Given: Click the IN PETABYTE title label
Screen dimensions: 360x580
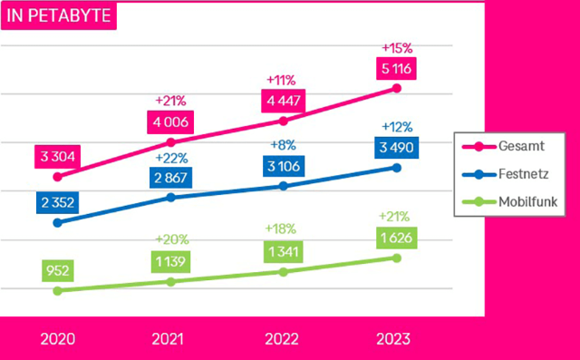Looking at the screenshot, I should click(60, 16).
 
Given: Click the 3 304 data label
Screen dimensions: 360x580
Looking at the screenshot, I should click(58, 157).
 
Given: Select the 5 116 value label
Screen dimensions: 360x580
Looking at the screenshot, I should click(396, 67).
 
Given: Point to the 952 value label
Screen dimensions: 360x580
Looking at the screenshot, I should click(58, 270).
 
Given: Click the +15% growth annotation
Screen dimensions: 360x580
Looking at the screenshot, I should click(396, 46).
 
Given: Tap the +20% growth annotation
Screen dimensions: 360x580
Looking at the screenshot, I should click(170, 239).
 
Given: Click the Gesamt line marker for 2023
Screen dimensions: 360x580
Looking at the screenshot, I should click(396, 88).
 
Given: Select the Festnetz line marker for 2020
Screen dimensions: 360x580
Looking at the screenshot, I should click(58, 222).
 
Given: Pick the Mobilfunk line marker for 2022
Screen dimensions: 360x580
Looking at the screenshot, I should click(284, 272).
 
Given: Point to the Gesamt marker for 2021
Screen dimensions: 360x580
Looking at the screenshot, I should click(170, 142).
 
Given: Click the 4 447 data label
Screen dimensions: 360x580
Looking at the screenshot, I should click(284, 100).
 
